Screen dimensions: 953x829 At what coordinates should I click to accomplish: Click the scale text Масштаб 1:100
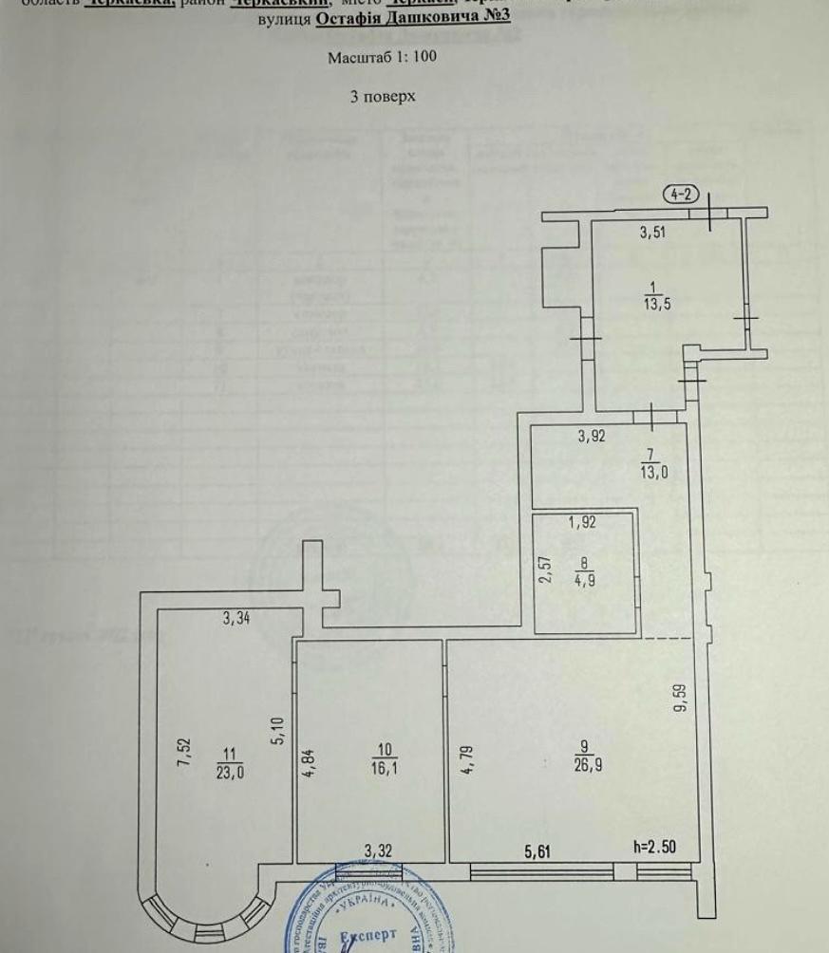coord(382,57)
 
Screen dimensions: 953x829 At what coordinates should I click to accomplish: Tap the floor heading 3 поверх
coord(383,97)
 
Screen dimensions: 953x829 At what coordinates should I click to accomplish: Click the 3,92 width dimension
coord(593,438)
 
